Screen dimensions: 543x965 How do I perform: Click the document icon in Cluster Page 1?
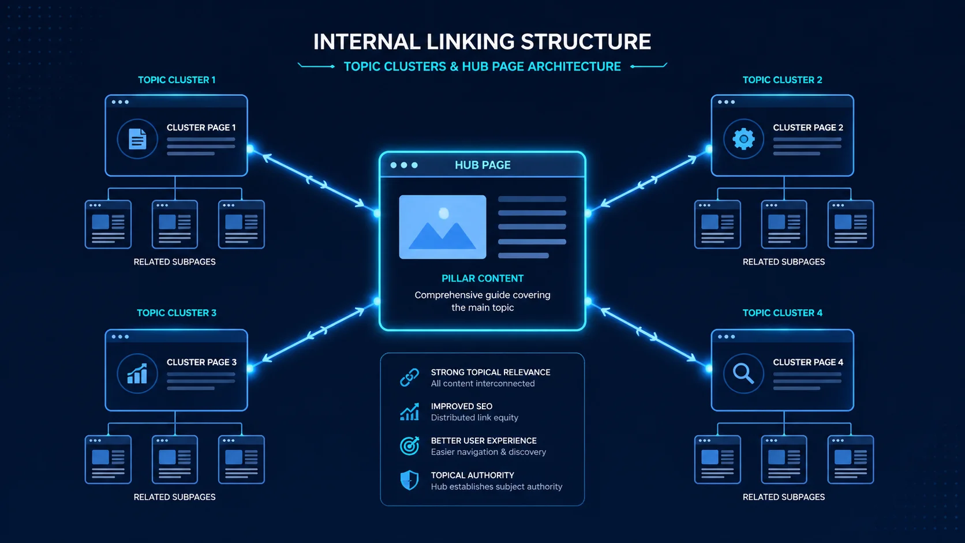137,139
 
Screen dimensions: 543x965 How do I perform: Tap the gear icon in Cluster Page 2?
743,139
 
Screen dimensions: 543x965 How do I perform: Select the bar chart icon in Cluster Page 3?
137,374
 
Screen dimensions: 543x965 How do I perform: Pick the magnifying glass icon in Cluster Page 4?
743,374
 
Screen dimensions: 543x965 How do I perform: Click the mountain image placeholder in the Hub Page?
443,227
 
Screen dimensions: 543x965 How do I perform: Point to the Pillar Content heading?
482,278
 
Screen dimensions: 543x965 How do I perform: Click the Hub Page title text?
482,165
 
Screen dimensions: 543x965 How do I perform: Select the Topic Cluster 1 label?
177,80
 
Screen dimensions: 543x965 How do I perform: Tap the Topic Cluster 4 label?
782,313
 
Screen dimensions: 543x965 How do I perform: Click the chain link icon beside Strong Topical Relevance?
409,377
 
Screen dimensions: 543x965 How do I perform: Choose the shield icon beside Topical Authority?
409,480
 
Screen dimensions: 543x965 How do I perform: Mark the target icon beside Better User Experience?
409,445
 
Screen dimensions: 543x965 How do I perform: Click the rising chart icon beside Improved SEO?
409,412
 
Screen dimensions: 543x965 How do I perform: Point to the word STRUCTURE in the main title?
586,42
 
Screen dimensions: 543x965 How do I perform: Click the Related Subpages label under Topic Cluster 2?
783,262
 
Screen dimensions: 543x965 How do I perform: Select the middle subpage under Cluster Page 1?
175,224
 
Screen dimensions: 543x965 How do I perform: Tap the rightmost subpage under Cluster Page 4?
850,459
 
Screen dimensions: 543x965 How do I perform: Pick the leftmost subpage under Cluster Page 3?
108,459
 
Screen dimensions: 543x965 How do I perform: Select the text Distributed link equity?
474,418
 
